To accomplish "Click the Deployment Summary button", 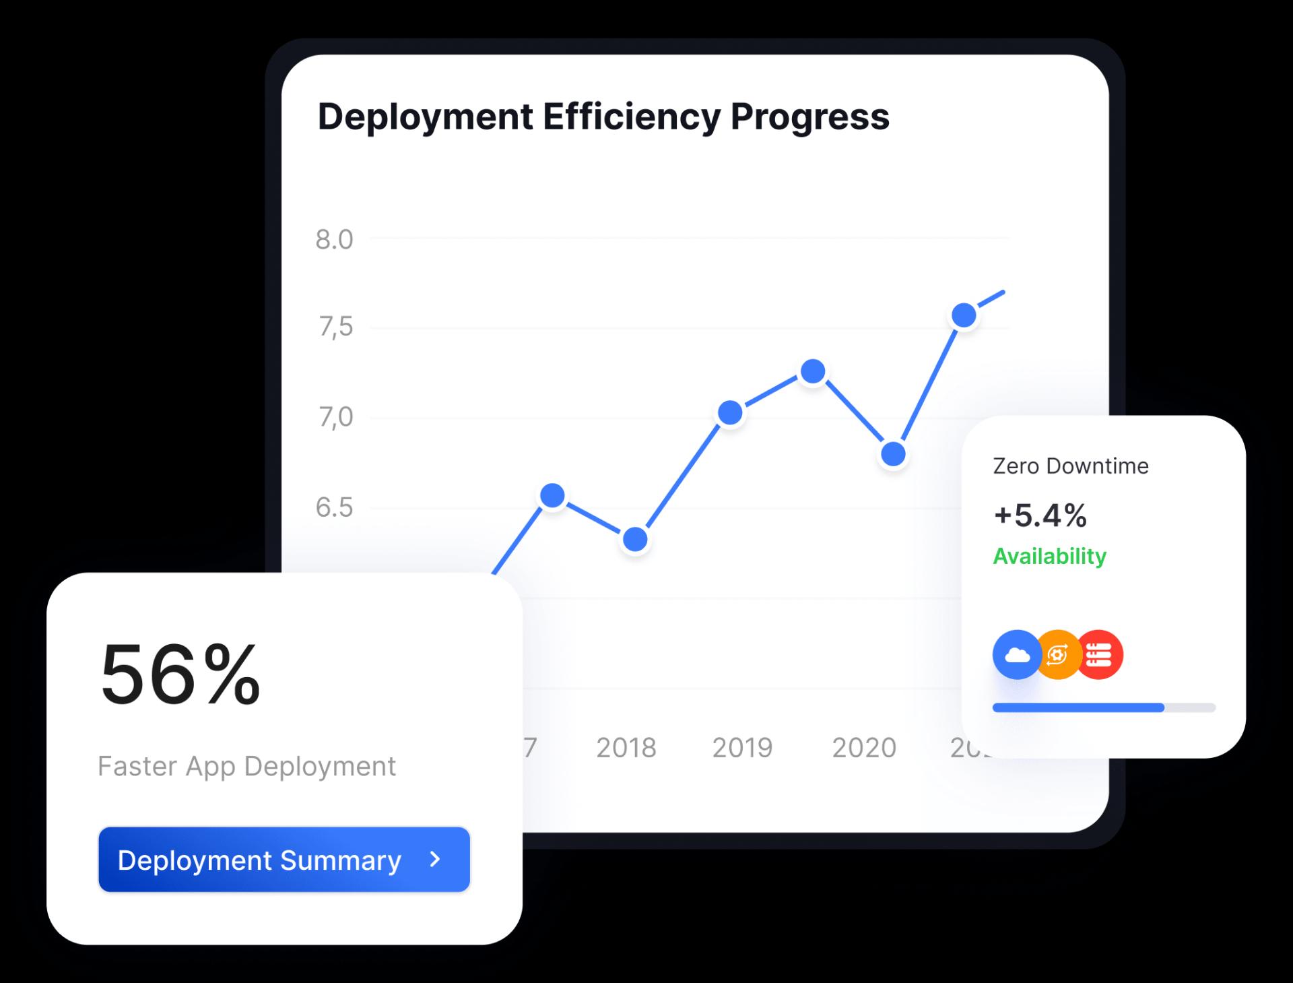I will point(284,860).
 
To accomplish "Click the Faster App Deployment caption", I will point(246,766).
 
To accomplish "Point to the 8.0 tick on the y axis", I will point(334,240).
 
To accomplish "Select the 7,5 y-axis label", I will point(335,327).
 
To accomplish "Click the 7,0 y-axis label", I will point(335,418).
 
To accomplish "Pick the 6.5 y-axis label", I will point(334,507).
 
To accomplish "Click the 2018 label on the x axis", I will point(626,748).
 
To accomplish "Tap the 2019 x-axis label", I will point(742,748).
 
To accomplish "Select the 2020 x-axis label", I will point(864,748).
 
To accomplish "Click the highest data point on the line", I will point(964,315).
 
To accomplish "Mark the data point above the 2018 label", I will point(635,539).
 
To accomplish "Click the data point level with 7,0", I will point(730,412).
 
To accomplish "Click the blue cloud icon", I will point(1017,654).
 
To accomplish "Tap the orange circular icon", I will point(1058,654).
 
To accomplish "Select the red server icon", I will point(1100,654).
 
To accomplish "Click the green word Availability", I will point(1049,556).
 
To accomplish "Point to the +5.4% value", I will point(1040,515).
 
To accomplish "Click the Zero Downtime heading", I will point(1070,466).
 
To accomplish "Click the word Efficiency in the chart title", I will point(632,117).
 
